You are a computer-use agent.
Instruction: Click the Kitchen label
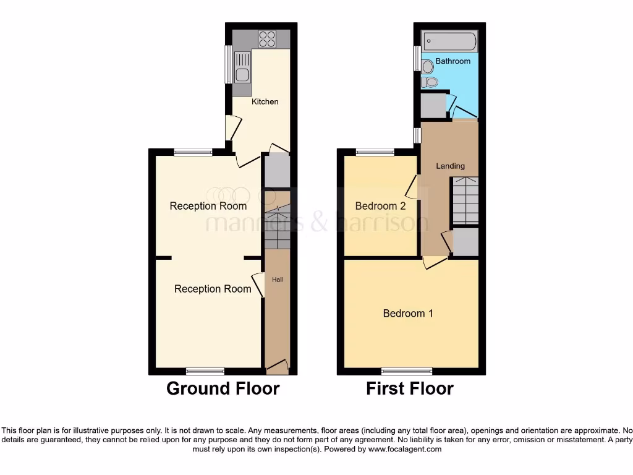[265, 101]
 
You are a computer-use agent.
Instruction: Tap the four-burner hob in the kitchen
[267, 39]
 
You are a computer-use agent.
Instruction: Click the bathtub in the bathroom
[449, 42]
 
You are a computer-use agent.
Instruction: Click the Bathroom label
[452, 61]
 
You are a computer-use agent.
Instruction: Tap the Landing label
[450, 166]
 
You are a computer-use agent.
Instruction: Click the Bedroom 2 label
[380, 206]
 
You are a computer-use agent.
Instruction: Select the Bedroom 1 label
[408, 313]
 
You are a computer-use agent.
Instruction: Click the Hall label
[278, 280]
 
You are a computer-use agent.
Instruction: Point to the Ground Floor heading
[223, 388]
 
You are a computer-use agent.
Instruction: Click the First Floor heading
[410, 388]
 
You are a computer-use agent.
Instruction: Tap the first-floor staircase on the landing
[465, 200]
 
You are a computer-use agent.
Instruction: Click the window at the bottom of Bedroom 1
[407, 371]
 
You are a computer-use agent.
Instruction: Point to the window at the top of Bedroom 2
[375, 152]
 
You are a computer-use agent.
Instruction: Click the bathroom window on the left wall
[417, 58]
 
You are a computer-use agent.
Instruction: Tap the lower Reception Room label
[213, 289]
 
